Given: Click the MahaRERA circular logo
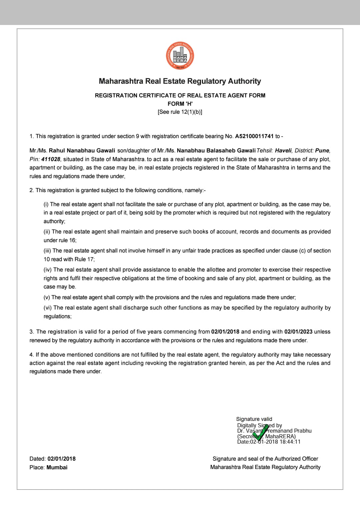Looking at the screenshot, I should pos(180,56).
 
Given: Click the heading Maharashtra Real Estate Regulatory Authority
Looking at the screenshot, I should pos(180,81).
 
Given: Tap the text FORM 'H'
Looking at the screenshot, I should pos(180,104).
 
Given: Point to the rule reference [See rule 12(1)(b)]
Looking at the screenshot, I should pos(180,112).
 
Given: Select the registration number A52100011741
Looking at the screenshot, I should pos(254,136).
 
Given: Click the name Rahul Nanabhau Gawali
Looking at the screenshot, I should pos(82,150).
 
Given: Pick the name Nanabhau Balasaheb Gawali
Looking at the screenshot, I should pos(216,150).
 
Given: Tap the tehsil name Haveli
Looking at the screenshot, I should pos(283,150).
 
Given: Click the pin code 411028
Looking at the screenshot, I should pos(51,159).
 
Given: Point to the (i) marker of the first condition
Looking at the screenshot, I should pos(46,204).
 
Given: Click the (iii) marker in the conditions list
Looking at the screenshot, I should pos(47,250).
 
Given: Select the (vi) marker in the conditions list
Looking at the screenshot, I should pos(48,308).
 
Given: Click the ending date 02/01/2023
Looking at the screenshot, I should pos(298,332).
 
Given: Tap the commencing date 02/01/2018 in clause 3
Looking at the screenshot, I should pos(225,332).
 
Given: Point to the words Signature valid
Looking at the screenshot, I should pos(254,419).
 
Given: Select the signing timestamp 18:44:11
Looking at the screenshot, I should pos(290,442).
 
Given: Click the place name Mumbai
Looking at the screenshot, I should pos(57,467).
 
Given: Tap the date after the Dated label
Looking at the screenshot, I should pos(62,459).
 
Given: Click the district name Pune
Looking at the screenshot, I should pos(322,150).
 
